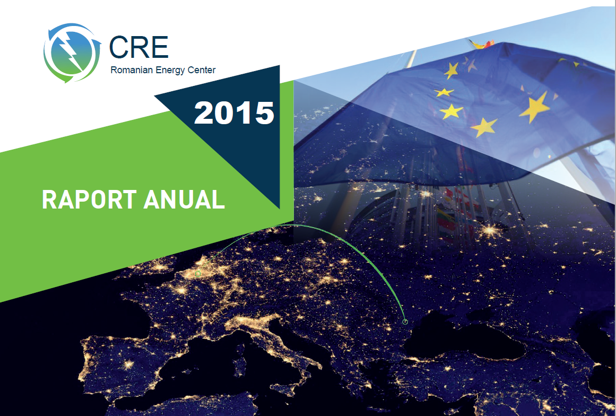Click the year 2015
pyautogui.click(x=234, y=112)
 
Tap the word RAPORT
pyautogui.click(x=89, y=200)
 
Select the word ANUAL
pyautogui.click(x=184, y=200)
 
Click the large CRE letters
pyautogui.click(x=138, y=48)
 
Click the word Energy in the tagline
pyautogui.click(x=169, y=71)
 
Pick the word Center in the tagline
pyautogui.click(x=200, y=71)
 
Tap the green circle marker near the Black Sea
pyautogui.click(x=405, y=322)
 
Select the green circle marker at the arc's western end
pyautogui.click(x=198, y=274)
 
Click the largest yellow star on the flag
pyautogui.click(x=534, y=107)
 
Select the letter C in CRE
pyautogui.click(x=119, y=48)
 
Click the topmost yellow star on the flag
pyautogui.click(x=452, y=71)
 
